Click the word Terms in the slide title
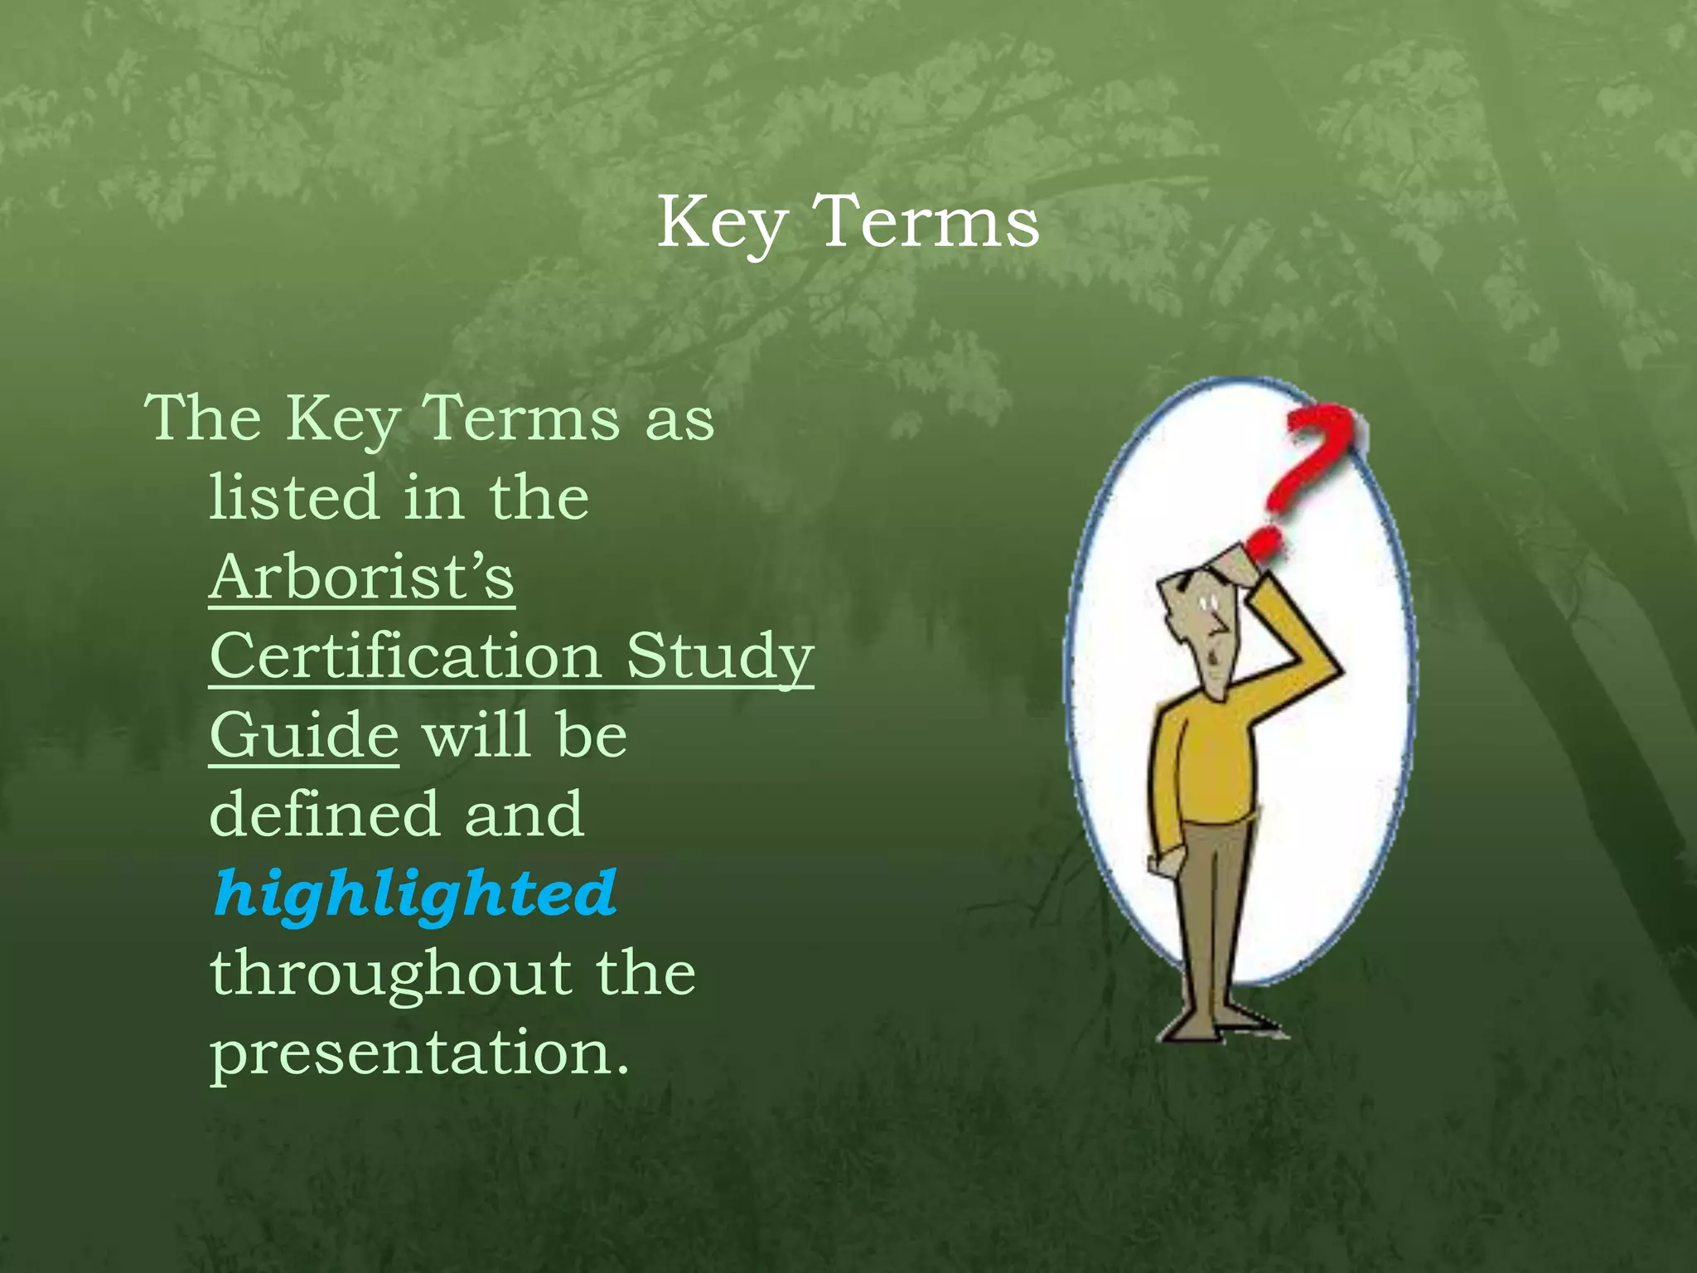pyautogui.click(x=926, y=222)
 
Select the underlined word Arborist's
pyautogui.click(x=361, y=577)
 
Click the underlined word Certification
pyautogui.click(x=405, y=656)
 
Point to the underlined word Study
pyautogui.click(x=719, y=657)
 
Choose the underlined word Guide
pyautogui.click(x=304, y=736)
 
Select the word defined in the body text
pyautogui.click(x=323, y=815)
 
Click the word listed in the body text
pyautogui.click(x=293, y=497)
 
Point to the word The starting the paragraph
pyautogui.click(x=203, y=418)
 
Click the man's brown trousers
pyautogui.click(x=1210, y=903)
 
